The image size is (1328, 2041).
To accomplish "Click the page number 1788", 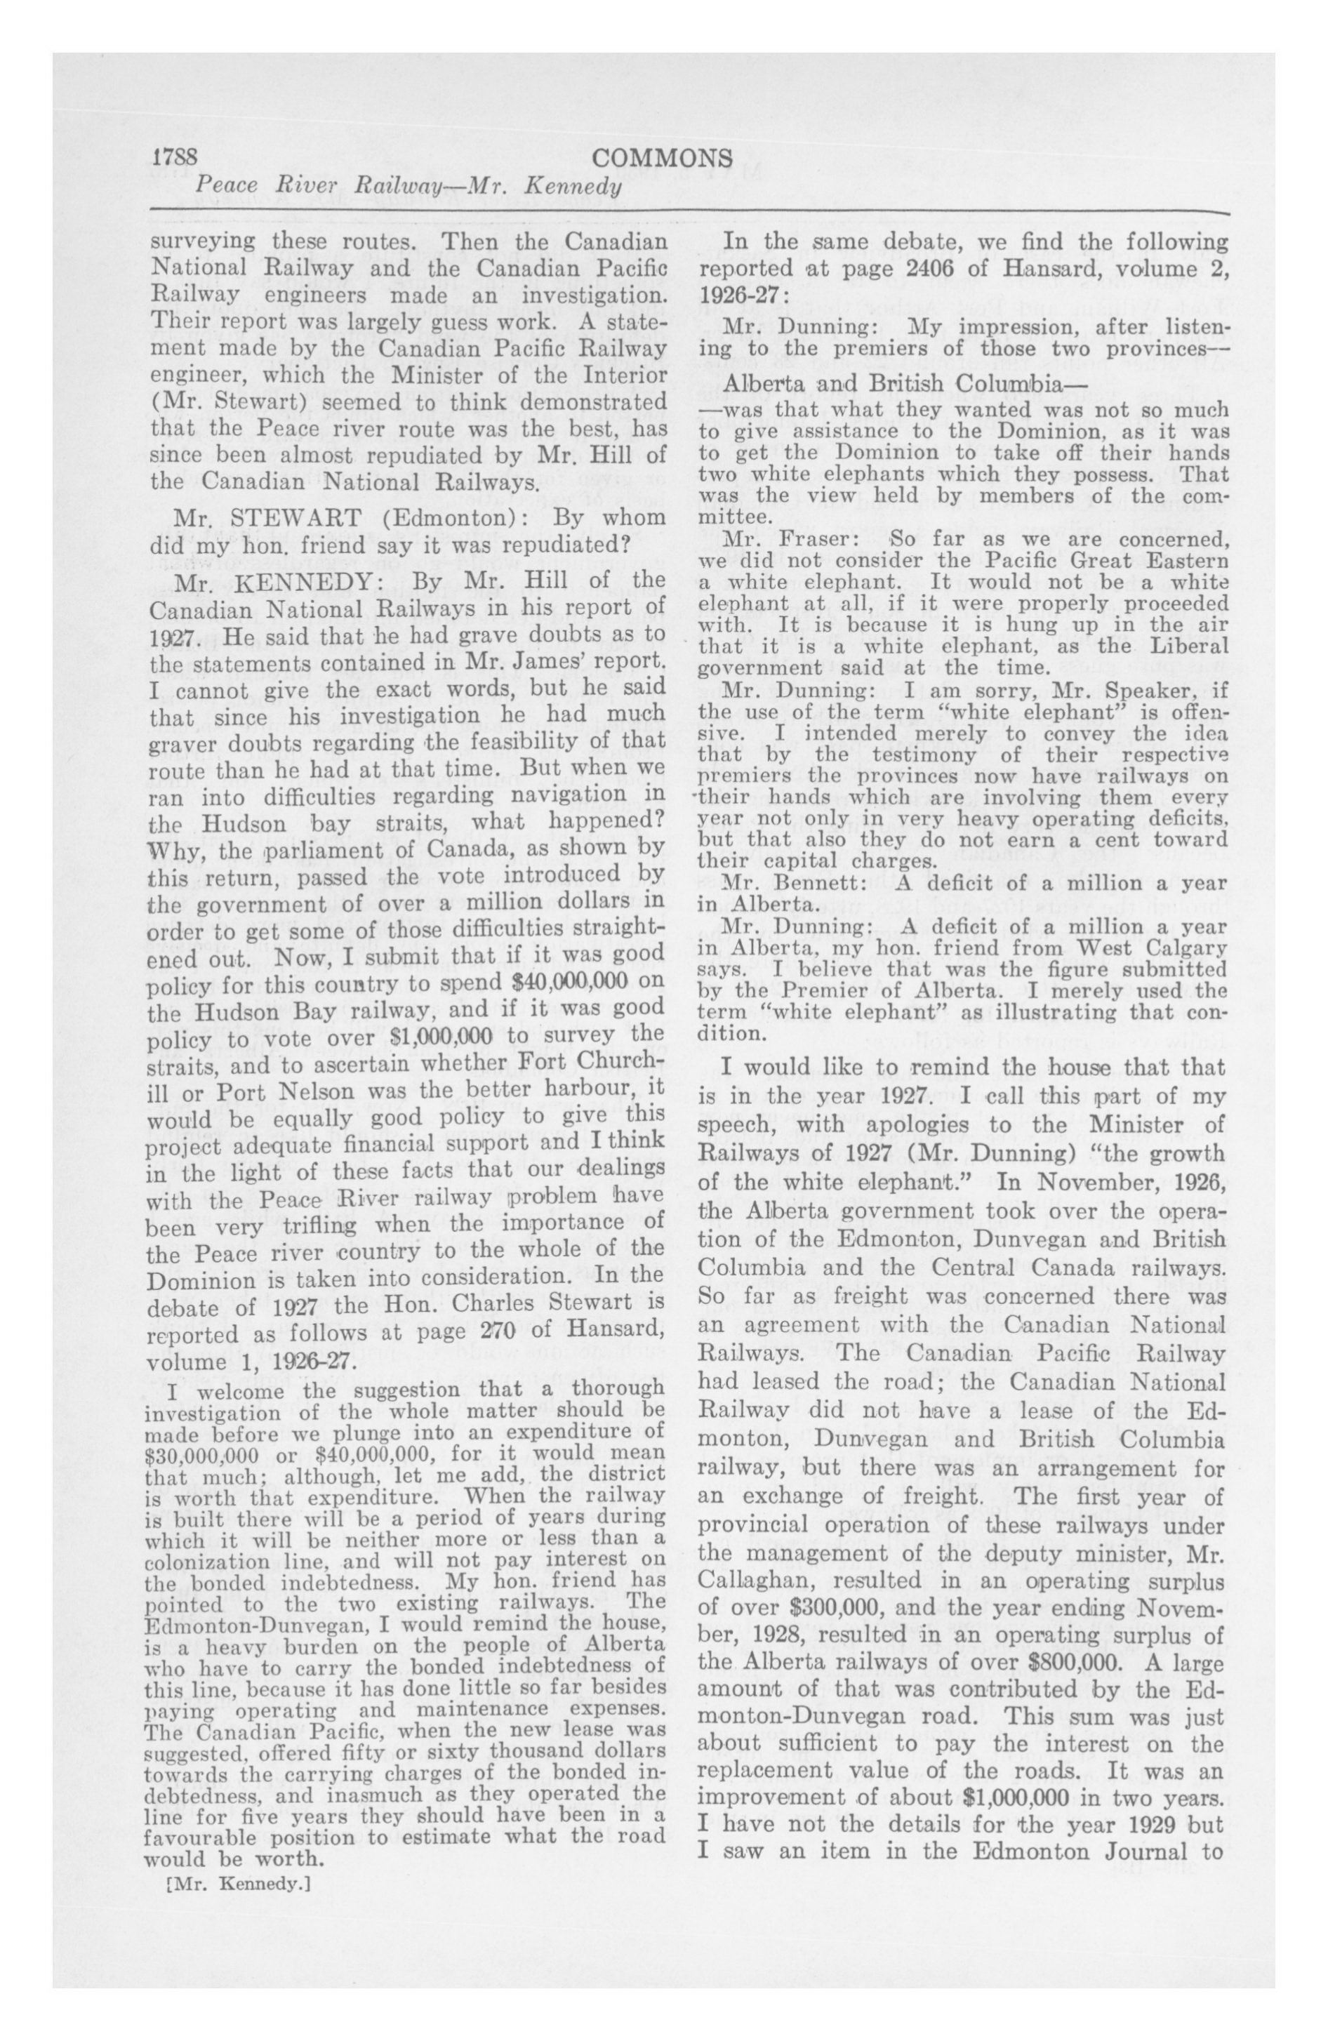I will pos(176,159).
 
